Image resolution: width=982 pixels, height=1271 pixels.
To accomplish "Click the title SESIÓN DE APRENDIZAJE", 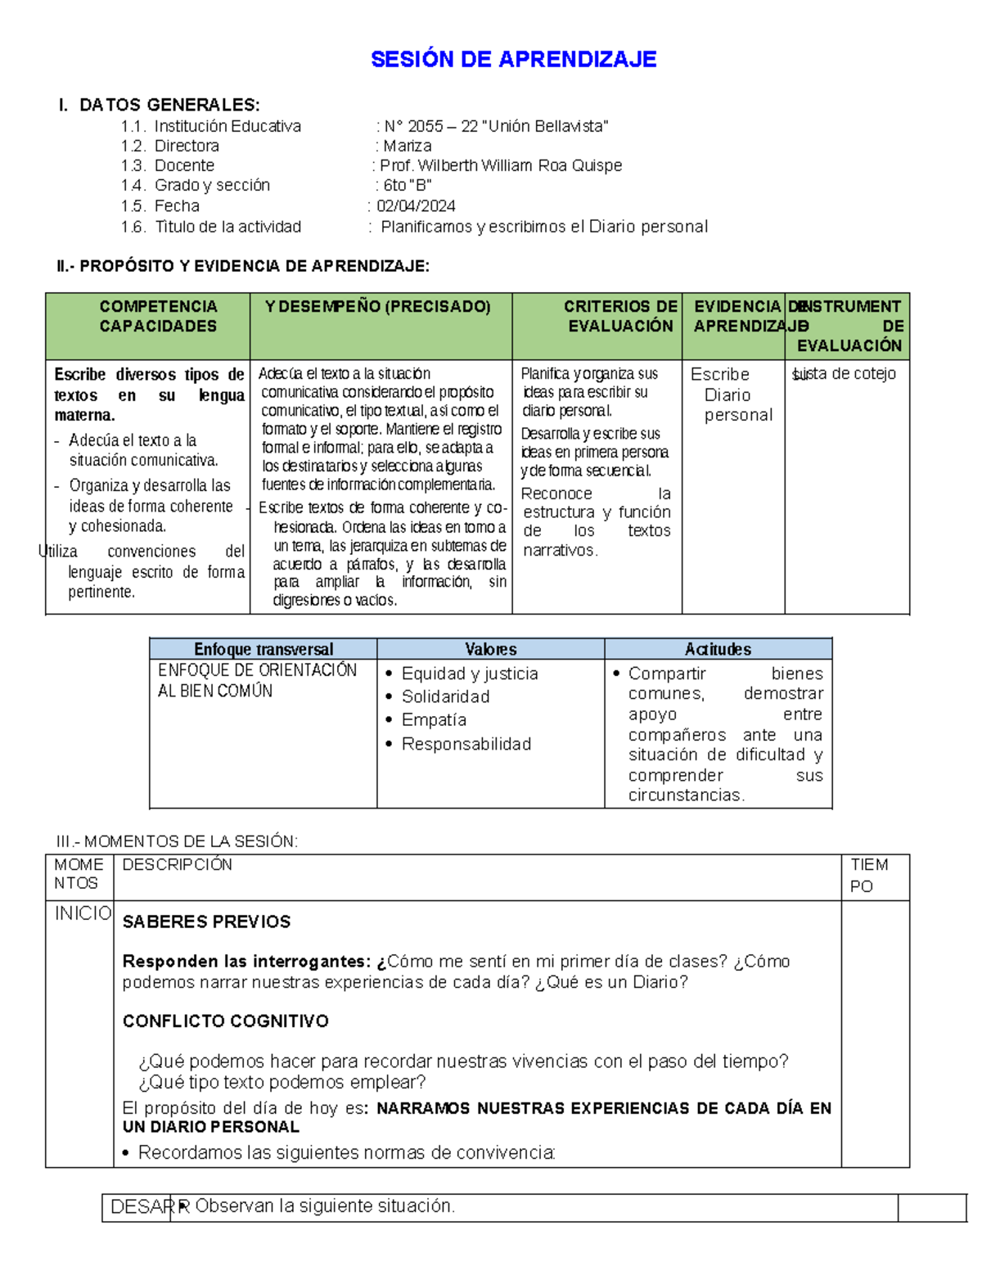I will [x=513, y=59].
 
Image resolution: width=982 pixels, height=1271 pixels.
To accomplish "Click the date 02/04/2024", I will [x=416, y=206].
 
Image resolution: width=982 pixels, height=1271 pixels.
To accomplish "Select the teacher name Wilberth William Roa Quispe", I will [x=520, y=166].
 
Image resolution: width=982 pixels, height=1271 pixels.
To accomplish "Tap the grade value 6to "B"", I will [x=408, y=186].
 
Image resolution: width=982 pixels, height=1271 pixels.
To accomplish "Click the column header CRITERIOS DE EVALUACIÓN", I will [x=619, y=316].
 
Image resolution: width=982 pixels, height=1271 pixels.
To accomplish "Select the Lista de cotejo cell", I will [x=845, y=374].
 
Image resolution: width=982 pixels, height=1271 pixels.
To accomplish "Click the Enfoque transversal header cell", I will [x=264, y=649].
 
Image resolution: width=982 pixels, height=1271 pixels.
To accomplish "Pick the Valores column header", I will [x=491, y=649].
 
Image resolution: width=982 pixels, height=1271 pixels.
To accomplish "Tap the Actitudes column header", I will [x=718, y=649].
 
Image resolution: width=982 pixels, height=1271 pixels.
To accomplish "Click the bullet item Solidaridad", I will [x=445, y=696].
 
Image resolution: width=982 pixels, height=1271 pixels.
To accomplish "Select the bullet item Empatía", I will [x=434, y=720].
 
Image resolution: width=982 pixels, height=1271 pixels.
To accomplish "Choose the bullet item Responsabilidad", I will [x=466, y=744].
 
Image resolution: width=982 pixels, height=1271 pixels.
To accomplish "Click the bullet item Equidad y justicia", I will [x=470, y=674].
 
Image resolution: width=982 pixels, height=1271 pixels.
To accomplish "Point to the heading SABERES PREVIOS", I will [x=206, y=922].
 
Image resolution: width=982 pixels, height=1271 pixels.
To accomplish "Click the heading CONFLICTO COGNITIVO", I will [x=226, y=1021].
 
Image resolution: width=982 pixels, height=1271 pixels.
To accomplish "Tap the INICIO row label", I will [x=83, y=913].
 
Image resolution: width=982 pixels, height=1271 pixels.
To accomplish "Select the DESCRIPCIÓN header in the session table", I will [x=177, y=865].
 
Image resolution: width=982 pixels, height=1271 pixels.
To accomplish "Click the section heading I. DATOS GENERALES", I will [x=160, y=105].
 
